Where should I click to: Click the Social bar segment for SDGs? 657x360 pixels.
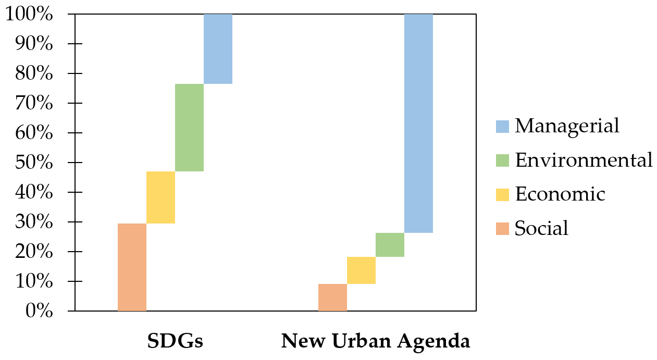(132, 267)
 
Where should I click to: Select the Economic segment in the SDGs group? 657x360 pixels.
(160, 197)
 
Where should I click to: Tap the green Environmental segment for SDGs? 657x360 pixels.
(189, 127)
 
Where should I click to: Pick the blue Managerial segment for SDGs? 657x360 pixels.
(218, 48)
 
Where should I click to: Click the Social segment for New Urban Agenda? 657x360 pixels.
(332, 297)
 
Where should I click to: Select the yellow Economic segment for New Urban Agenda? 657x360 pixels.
(361, 270)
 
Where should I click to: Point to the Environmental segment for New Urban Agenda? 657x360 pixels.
(390, 244)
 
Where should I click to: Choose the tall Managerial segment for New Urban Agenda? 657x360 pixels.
(418, 123)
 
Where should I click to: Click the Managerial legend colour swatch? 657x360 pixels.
(502, 127)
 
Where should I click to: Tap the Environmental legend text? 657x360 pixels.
(584, 160)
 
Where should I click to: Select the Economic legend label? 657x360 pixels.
(560, 194)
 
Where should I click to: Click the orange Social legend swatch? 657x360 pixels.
(502, 228)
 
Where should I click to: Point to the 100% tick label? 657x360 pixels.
(29, 15)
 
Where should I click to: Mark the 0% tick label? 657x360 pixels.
(38, 311)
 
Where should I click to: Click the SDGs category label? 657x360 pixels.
(175, 341)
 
